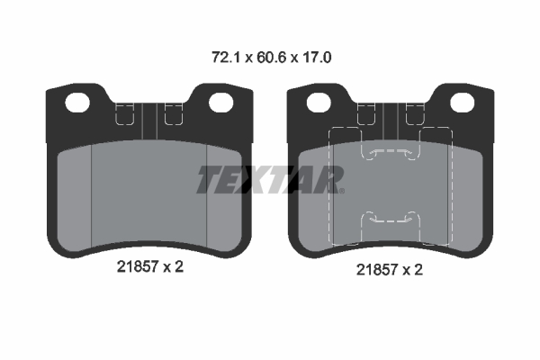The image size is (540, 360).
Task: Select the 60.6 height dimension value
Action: click(272, 58)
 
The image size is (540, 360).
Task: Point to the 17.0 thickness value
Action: click(317, 58)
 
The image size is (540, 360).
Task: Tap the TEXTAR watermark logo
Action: click(269, 179)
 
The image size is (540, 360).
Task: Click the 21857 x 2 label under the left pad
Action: click(150, 266)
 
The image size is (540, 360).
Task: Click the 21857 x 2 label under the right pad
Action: click(390, 269)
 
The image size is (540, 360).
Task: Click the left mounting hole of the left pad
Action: click(77, 103)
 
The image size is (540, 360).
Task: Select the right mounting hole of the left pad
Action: click(221, 103)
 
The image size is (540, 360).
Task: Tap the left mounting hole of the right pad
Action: click(319, 103)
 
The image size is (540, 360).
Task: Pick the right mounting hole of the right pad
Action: click(463, 103)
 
